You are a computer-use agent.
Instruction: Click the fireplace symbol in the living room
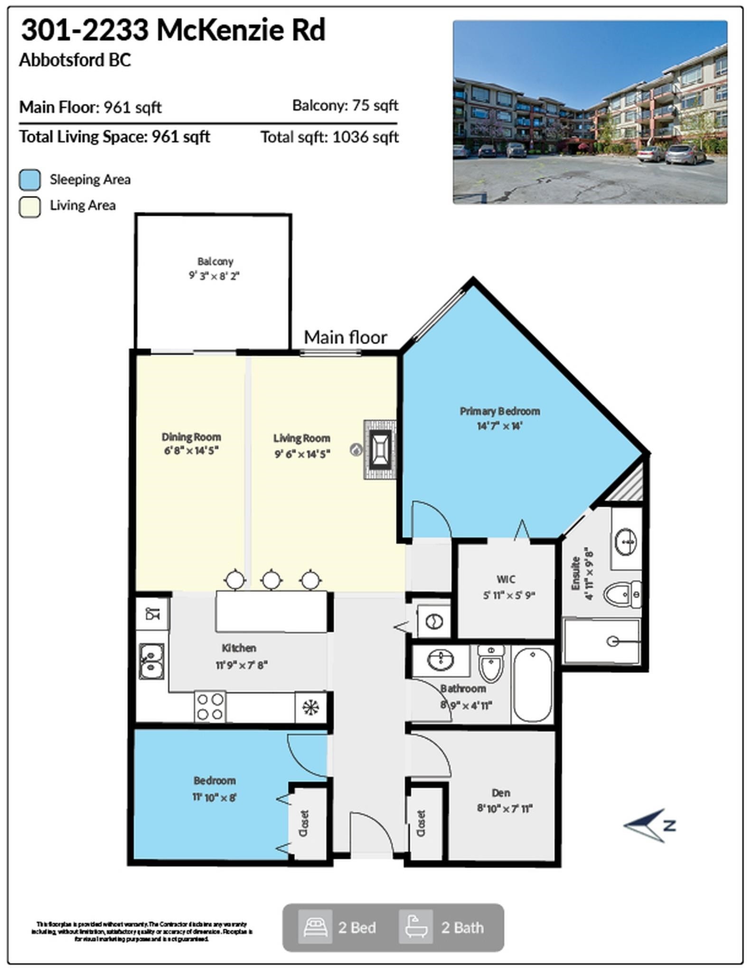380,449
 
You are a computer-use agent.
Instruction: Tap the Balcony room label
215,262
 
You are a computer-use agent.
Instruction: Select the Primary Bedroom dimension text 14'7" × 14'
499,426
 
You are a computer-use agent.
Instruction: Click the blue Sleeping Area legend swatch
30,180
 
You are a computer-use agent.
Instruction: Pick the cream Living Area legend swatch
30,207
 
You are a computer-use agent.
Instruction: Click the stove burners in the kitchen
210,707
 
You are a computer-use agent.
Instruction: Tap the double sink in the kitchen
151,661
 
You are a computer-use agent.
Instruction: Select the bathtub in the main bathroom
533,685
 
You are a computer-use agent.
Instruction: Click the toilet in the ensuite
622,594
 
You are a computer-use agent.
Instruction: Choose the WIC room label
506,579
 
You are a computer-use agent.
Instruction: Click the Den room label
501,793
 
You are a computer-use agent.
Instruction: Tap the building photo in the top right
590,112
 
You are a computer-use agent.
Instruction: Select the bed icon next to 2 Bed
315,927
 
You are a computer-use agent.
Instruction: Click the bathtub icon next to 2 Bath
415,927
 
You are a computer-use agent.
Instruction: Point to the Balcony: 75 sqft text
345,105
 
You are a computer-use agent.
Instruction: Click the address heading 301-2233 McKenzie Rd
173,30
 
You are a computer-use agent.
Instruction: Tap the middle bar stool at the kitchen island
271,579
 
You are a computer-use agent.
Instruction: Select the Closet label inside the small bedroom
304,823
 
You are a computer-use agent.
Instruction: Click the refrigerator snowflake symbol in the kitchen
310,708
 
